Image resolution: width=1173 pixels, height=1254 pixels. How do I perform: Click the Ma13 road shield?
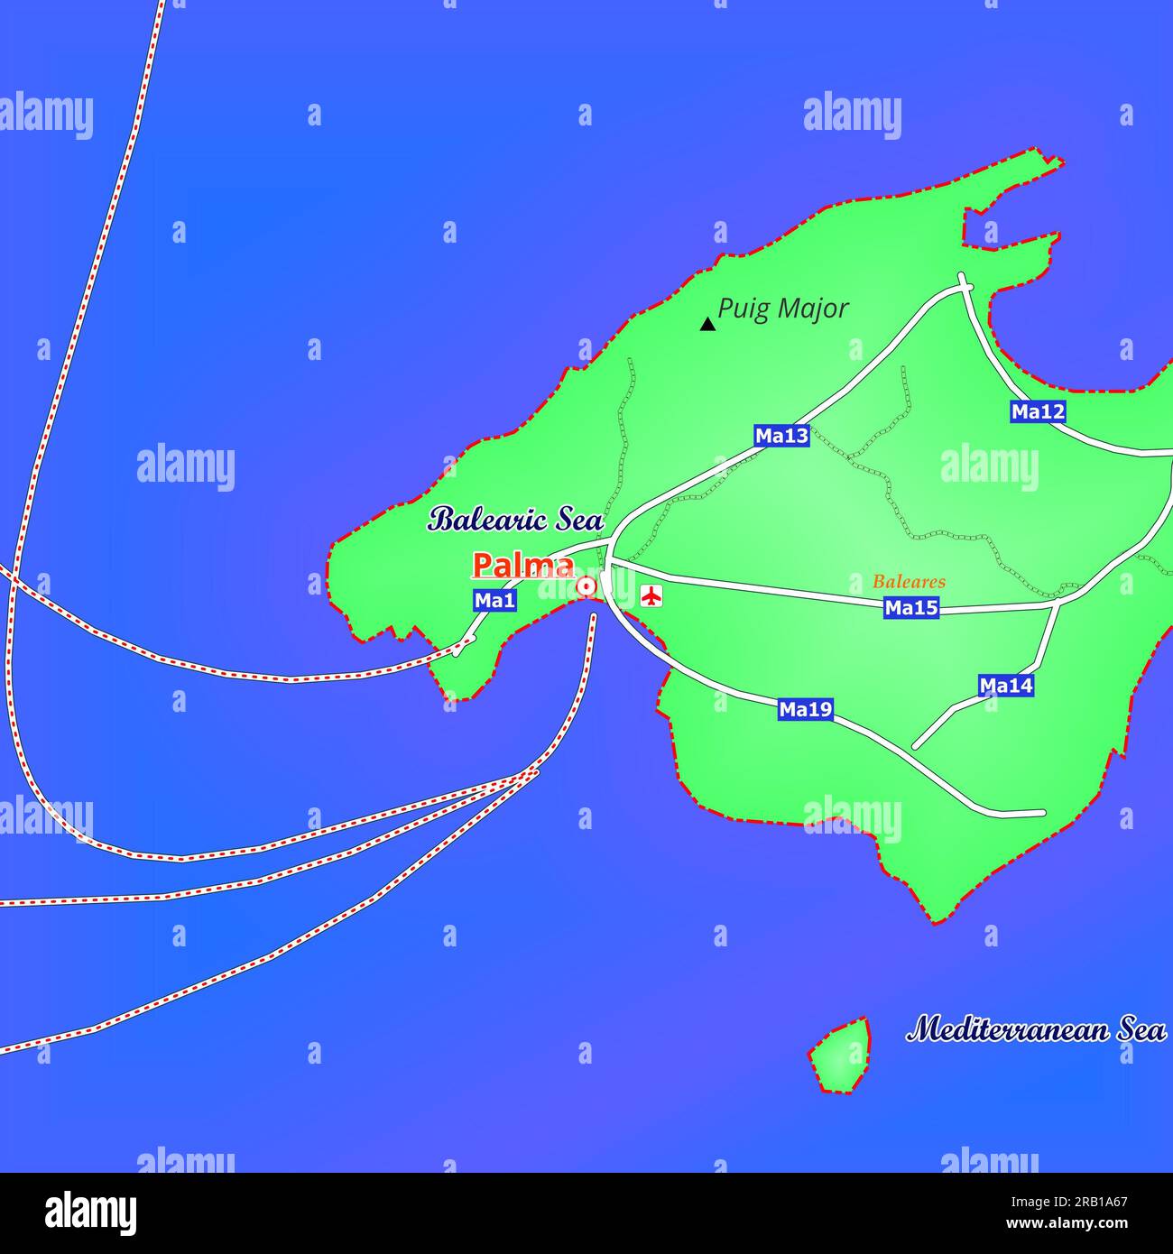click(781, 436)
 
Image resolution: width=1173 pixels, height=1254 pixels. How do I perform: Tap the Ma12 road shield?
click(1038, 412)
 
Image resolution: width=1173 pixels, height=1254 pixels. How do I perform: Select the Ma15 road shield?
click(910, 608)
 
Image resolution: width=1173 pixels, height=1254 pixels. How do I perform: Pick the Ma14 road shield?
click(1006, 686)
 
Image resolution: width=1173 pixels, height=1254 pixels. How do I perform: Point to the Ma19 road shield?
click(805, 710)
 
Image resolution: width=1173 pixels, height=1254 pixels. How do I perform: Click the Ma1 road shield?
click(494, 600)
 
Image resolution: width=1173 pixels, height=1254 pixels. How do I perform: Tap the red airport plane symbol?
click(651, 595)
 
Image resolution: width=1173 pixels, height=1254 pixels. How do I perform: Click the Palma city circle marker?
click(586, 587)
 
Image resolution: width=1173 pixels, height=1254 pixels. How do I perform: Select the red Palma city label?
click(523, 566)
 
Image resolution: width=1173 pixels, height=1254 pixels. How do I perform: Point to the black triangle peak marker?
click(708, 324)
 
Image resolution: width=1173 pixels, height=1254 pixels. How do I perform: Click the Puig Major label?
click(782, 309)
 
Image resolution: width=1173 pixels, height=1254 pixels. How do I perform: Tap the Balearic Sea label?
click(515, 519)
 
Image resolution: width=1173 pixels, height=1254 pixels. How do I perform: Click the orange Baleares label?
click(909, 582)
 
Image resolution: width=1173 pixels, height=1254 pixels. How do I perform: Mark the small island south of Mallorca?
click(842, 1055)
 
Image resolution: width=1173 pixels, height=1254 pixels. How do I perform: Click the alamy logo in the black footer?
click(91, 1213)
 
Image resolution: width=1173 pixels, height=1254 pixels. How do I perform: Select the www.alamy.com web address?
click(1083, 1224)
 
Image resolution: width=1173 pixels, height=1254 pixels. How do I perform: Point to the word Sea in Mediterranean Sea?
click(1142, 1029)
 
